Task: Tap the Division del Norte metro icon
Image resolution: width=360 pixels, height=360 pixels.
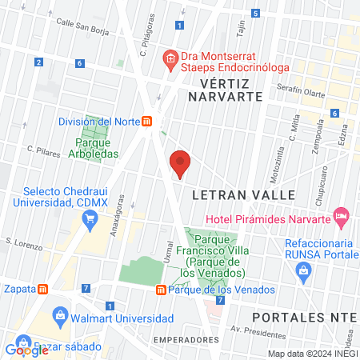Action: coord(147,122)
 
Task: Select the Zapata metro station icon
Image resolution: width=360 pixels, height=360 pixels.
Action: coord(44,290)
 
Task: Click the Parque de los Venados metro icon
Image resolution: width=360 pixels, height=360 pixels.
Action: coord(162,290)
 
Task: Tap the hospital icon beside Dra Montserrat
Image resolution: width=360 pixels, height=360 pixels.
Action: coord(170,57)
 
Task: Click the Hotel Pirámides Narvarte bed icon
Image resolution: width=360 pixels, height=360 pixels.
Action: coord(342,215)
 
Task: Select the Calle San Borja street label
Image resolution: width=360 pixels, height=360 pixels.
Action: coord(84,25)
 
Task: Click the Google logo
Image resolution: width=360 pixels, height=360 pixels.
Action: coord(26,350)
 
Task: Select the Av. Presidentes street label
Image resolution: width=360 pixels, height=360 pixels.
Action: coord(247,329)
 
